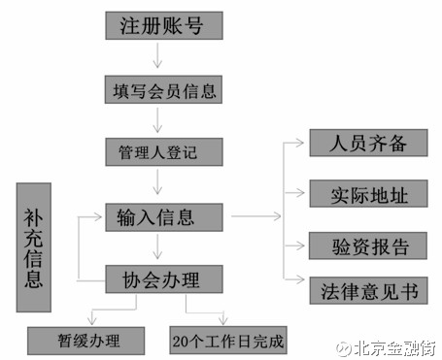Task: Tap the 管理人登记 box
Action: [163, 152]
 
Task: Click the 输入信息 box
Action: [163, 215]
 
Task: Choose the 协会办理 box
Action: [163, 279]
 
